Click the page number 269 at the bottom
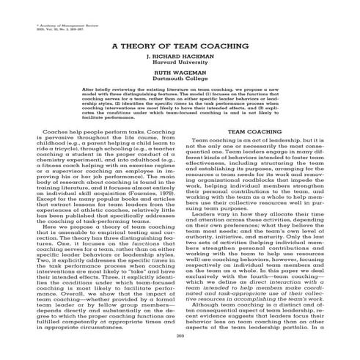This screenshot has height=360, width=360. (180, 336)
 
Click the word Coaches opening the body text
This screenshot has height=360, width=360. (58, 133)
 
